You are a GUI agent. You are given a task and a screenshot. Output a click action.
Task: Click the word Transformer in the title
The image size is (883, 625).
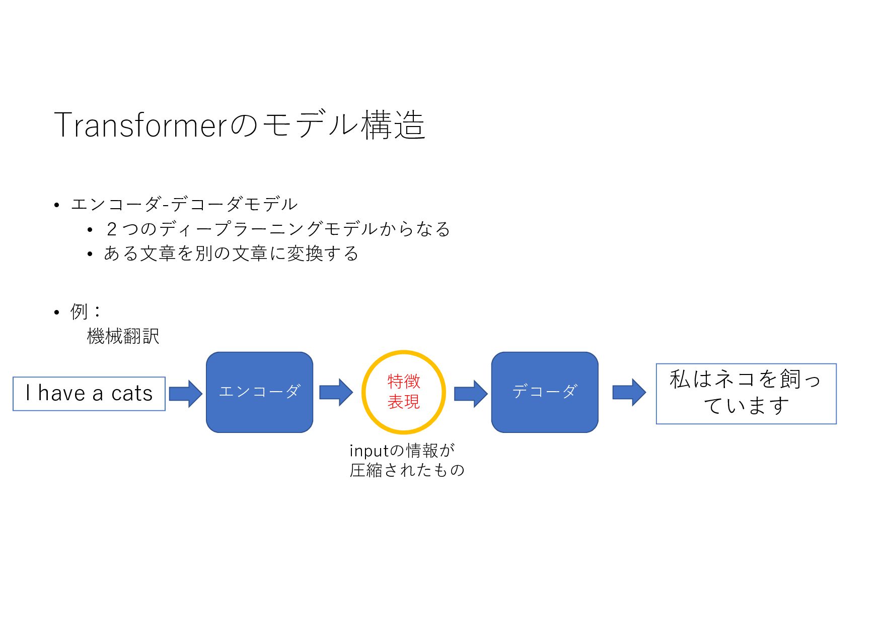coord(141,124)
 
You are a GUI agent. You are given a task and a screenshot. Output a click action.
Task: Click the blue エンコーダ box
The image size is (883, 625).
coord(259,392)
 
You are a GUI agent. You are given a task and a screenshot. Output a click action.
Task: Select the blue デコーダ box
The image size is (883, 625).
coord(545,392)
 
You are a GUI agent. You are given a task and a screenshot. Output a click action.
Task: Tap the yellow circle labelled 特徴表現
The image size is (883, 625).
coord(403,392)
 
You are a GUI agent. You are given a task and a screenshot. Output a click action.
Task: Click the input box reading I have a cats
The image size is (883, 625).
coord(89,394)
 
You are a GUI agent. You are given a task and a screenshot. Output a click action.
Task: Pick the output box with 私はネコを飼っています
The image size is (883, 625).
coord(746,394)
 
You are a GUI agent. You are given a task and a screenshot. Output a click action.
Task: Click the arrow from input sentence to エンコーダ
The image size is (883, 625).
coord(185,393)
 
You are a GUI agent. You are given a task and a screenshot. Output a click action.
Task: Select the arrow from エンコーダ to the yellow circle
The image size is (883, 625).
coord(336,392)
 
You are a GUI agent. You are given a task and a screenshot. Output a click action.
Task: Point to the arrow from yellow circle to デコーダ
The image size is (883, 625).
coord(471,393)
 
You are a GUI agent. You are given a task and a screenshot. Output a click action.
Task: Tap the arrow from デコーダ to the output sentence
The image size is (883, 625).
coord(629,392)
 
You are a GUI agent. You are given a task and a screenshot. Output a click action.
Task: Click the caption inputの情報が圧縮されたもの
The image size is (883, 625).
coord(407,460)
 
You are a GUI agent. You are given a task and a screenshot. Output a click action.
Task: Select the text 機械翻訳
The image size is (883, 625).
coord(123,336)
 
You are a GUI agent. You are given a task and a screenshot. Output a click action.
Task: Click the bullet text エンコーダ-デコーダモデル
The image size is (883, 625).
coord(184,204)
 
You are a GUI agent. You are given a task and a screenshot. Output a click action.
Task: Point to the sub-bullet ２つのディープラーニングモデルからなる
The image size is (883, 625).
coord(278,229)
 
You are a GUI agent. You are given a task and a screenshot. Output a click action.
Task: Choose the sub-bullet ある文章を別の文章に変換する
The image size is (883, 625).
coord(231,254)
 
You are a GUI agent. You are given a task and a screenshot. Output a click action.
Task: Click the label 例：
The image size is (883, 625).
coord(86,311)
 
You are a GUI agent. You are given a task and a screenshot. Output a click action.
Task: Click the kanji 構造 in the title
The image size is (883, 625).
coord(393,124)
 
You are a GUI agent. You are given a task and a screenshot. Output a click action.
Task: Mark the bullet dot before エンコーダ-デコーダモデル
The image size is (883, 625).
coord(57,205)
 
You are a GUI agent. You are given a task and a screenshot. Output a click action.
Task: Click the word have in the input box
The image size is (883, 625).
coord(62,393)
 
